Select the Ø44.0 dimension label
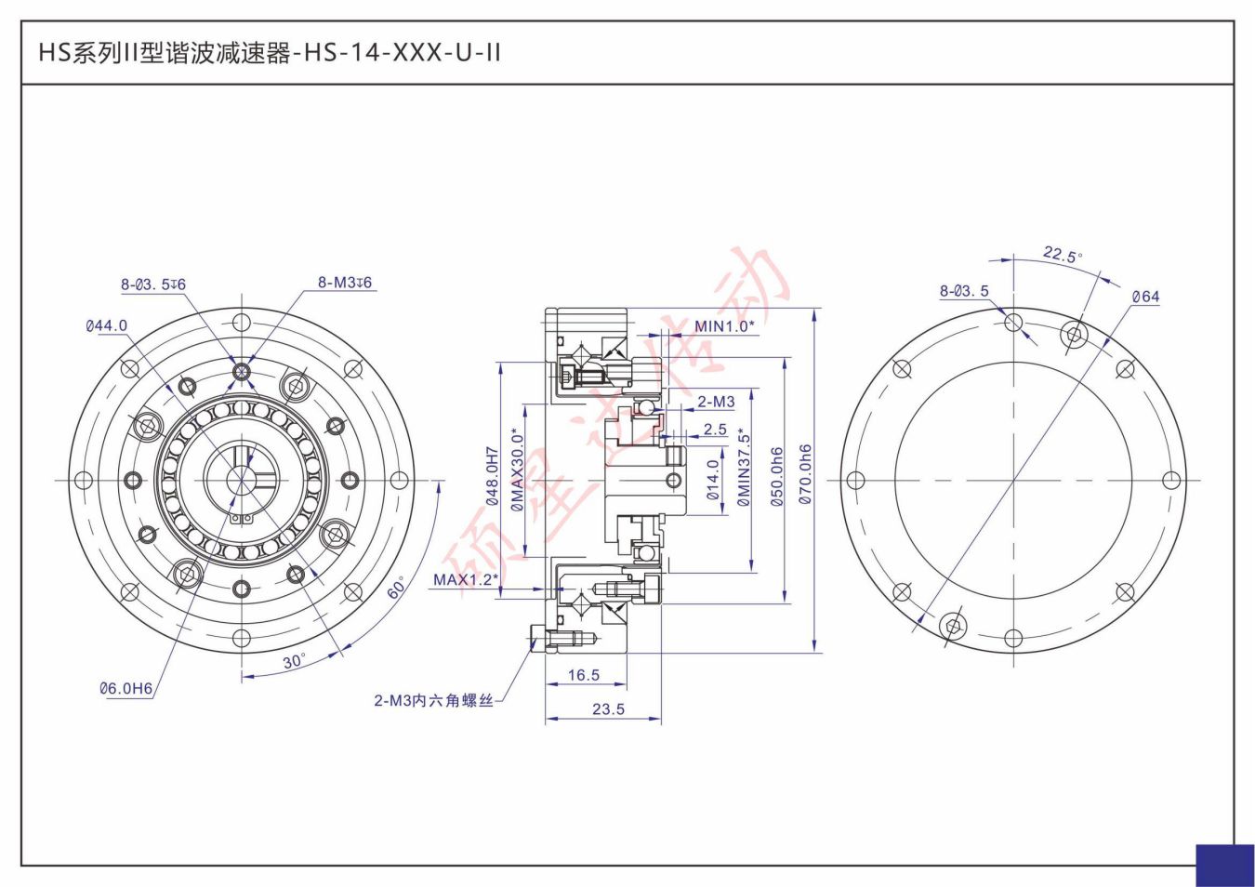pos(106,325)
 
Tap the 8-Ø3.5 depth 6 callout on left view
pos(152,285)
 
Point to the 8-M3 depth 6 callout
pos(345,283)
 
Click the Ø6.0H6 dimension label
pos(125,688)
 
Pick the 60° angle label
pos(397,588)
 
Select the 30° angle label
pos(294,661)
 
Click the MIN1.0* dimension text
pos(724,326)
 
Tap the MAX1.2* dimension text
pos(465,580)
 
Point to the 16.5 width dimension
pos(584,675)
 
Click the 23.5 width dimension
pos(608,708)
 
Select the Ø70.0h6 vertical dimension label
pos(805,474)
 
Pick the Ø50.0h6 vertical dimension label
pos(777,476)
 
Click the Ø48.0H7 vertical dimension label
pos(492,476)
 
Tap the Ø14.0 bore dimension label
pos(713,480)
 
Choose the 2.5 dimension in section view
pos(715,430)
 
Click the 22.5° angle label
pos(1062,255)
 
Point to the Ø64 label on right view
pos(1145,297)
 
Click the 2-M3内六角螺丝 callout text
pos(433,700)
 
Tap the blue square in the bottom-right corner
pos(1224,865)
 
